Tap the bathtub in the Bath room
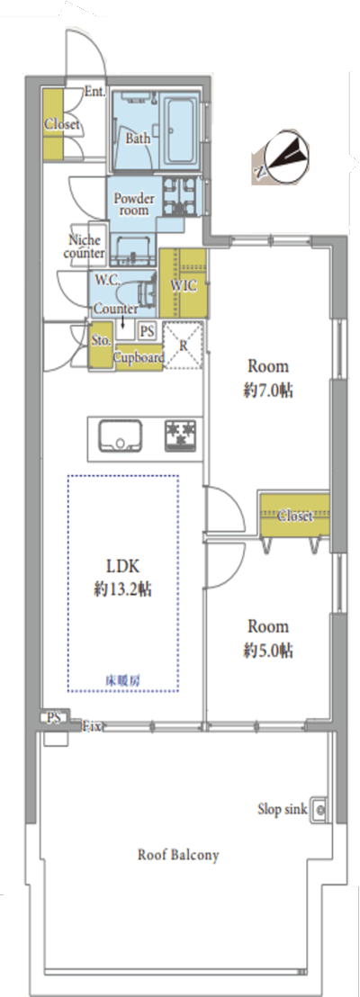[182, 130]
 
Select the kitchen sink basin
[121, 436]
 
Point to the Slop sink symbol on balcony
[319, 810]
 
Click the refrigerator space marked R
[184, 346]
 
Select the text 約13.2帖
[122, 590]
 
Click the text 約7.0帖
[268, 391]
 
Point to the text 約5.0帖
[268, 651]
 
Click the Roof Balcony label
[178, 855]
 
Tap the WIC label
[184, 286]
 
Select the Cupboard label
[138, 359]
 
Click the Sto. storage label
[101, 340]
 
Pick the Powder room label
[133, 203]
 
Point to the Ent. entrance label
[94, 92]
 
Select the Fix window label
[92, 726]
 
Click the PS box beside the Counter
[147, 330]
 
